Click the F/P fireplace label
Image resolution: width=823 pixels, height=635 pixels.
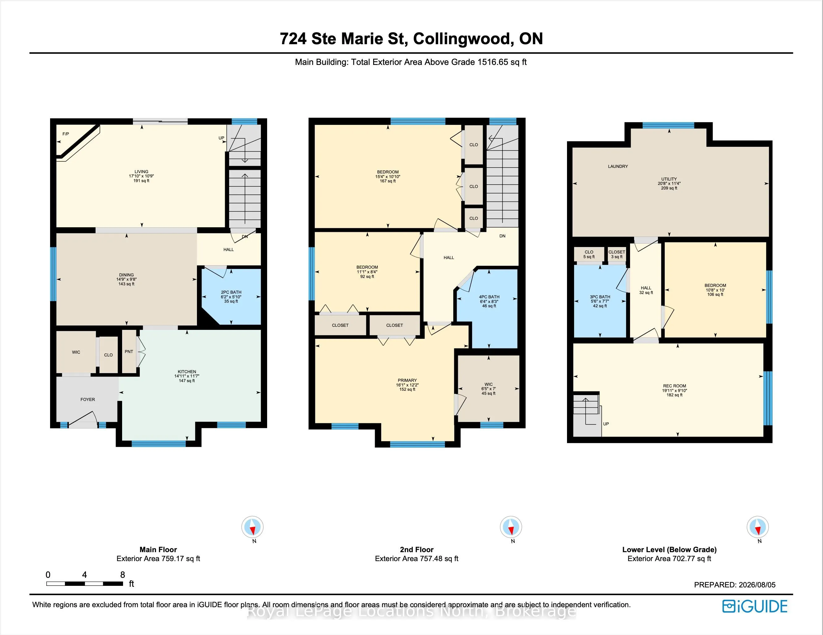66,134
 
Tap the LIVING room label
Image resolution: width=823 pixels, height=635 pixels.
141,172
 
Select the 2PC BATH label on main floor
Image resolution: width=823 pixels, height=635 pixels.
231,292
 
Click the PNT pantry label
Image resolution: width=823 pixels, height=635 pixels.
129,352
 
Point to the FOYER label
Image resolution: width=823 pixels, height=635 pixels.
88,399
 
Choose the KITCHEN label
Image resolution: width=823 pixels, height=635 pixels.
187,372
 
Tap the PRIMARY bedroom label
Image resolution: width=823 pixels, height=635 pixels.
407,381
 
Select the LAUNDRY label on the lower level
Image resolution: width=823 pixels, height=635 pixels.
618,166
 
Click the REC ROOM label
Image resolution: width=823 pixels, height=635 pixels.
675,386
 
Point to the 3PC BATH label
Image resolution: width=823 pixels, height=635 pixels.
600,297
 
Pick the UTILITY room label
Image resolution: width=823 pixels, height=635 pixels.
669,179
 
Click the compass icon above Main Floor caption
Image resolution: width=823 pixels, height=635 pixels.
253,527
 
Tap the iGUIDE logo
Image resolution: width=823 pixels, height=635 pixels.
755,606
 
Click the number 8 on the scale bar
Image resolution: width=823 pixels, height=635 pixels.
122,575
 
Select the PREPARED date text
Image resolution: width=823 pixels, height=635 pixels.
735,585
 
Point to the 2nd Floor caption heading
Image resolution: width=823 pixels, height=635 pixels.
417,549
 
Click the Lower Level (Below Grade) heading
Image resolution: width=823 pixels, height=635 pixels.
669,549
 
